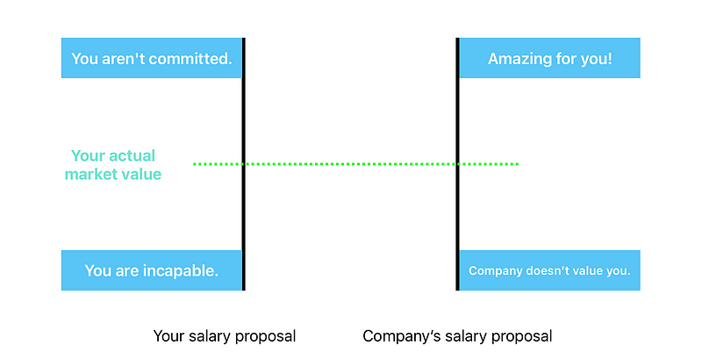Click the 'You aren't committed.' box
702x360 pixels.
tap(151, 58)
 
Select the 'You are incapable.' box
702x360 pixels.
tap(151, 270)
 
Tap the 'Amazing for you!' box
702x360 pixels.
tap(550, 58)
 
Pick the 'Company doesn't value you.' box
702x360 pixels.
tap(550, 270)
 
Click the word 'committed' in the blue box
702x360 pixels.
tap(193, 60)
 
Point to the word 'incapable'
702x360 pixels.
tap(179, 270)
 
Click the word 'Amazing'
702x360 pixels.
tap(521, 60)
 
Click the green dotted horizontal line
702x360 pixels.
tap(351, 163)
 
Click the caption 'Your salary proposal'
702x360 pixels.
tap(225, 336)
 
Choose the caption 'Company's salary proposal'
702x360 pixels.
tap(457, 336)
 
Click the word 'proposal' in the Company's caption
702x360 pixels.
tap(523, 337)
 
